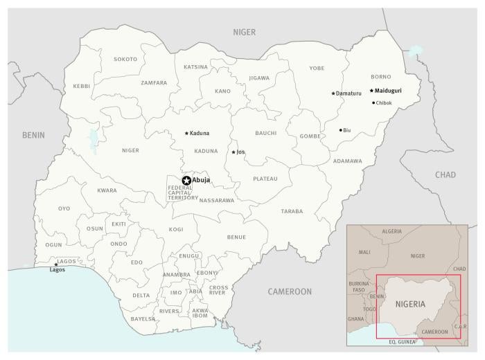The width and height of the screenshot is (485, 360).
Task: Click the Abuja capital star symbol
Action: pyautogui.click(x=186, y=181)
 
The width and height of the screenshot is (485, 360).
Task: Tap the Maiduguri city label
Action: pyautogui.click(x=398, y=91)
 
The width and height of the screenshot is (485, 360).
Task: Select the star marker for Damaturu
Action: pyautogui.click(x=333, y=93)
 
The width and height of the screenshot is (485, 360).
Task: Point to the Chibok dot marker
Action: pyautogui.click(x=373, y=103)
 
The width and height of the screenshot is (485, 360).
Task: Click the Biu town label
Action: pyautogui.click(x=347, y=130)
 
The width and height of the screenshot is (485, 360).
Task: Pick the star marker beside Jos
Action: pyautogui.click(x=233, y=152)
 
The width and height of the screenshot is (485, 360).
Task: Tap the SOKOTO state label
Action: pyautogui.click(x=125, y=60)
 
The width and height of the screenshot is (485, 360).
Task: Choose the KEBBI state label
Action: pyautogui.click(x=81, y=87)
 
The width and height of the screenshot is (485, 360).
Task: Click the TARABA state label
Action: pyautogui.click(x=292, y=210)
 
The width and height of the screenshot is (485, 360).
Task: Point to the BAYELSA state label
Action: pyautogui.click(x=143, y=319)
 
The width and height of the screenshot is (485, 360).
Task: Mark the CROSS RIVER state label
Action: pyautogui.click(x=218, y=289)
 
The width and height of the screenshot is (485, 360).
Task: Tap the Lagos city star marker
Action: pyautogui.click(x=56, y=264)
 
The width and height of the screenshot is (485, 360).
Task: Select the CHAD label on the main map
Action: pyautogui.click(x=446, y=174)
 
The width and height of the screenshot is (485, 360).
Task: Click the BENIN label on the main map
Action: pyautogui.click(x=33, y=135)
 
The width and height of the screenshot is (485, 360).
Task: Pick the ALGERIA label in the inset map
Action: pyautogui.click(x=391, y=231)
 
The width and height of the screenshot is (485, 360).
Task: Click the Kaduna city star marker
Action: pyautogui.click(x=186, y=133)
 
